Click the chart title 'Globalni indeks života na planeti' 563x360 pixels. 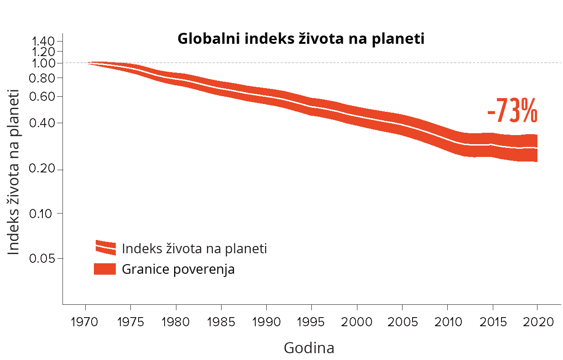click(301, 39)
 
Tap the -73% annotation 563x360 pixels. click(512, 110)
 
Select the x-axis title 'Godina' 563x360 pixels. click(309, 348)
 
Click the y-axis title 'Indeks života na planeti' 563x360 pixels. click(14, 172)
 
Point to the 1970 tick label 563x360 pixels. click(85, 322)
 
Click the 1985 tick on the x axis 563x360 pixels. click(221, 322)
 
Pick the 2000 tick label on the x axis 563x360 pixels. click(357, 322)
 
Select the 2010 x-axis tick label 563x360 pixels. click(447, 322)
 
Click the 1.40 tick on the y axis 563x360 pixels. click(43, 41)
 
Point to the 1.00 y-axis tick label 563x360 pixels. click(43, 63)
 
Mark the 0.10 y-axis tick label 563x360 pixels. click(43, 214)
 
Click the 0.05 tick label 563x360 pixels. click(43, 259)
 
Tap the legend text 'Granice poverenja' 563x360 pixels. click(178, 269)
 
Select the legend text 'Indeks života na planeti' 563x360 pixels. click(194, 249)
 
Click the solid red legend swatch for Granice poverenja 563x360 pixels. click(105, 269)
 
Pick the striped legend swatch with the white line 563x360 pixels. click(105, 247)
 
